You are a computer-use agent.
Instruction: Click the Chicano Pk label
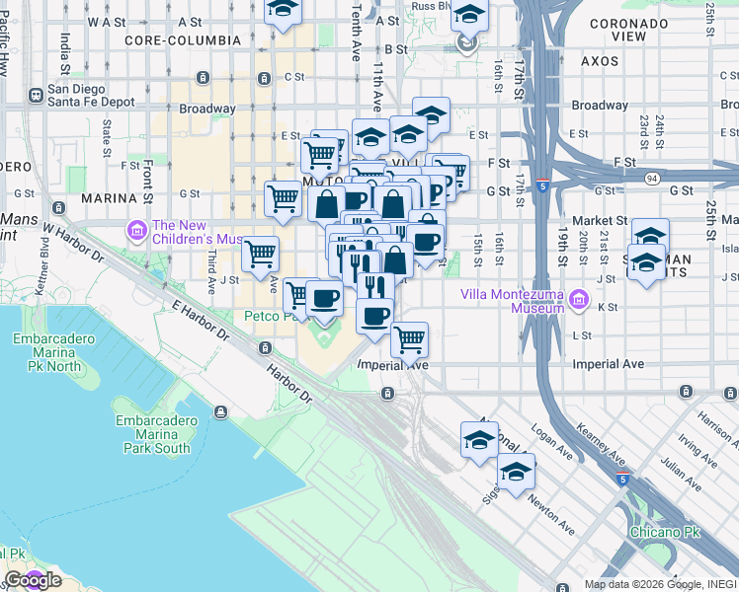pyautogui.click(x=664, y=532)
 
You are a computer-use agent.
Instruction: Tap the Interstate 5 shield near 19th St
pyautogui.click(x=543, y=185)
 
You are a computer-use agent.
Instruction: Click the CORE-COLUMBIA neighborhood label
pyautogui.click(x=183, y=40)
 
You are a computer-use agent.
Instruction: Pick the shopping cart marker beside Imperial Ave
pyautogui.click(x=409, y=341)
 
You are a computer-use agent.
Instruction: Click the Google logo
pyautogui.click(x=32, y=580)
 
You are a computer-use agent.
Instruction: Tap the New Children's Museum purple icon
pyautogui.click(x=136, y=231)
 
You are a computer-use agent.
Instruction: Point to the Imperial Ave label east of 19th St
pyautogui.click(x=609, y=364)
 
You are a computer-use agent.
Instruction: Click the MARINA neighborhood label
pyautogui.click(x=107, y=198)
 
